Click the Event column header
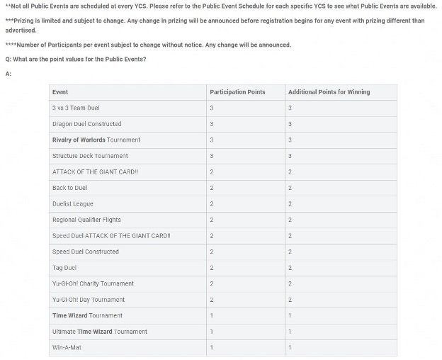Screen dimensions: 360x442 [60, 92]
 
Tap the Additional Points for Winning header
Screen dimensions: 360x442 [329, 92]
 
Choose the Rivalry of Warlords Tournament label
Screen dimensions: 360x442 [96, 140]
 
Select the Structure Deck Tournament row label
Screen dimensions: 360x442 [90, 156]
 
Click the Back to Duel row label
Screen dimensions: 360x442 [69, 188]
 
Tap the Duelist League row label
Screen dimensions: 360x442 [72, 204]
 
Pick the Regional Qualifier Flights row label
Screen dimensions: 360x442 [86, 220]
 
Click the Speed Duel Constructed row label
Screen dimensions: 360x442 [85, 252]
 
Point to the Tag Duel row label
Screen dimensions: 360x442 [64, 268]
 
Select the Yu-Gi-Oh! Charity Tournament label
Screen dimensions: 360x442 [93, 283]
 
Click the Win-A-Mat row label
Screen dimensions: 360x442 [68, 347]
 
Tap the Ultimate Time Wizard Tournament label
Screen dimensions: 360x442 [100, 332]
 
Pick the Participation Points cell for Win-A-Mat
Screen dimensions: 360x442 [212, 347]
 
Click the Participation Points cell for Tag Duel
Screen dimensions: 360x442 [212, 268]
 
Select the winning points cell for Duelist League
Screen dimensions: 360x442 [290, 204]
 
